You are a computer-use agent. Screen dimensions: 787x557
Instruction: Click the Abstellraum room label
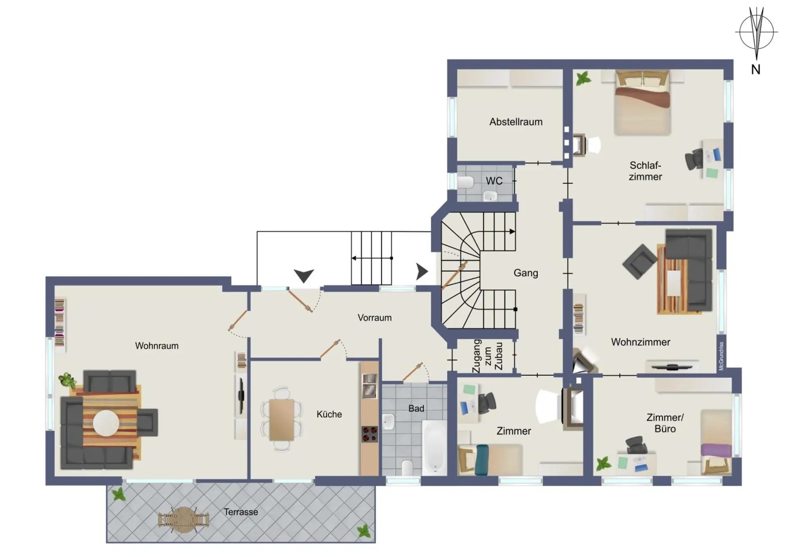click(x=516, y=122)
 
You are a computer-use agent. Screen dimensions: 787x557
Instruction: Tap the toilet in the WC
click(x=465, y=182)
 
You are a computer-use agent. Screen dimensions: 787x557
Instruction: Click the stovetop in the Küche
click(x=369, y=434)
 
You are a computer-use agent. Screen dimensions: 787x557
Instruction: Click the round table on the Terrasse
click(x=184, y=520)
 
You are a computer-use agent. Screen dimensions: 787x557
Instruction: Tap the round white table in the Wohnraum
click(x=106, y=423)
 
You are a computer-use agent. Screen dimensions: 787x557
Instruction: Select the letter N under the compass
click(x=755, y=70)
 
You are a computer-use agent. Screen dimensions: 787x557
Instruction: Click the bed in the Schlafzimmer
click(x=642, y=103)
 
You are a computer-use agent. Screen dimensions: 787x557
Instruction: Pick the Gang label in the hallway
click(x=525, y=273)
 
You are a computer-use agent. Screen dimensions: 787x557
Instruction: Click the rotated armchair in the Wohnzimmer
click(x=639, y=262)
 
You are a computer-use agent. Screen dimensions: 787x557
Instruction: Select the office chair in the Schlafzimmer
click(x=694, y=159)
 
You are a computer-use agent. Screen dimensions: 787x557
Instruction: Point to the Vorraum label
click(x=374, y=318)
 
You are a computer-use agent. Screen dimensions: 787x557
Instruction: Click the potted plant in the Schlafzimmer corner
click(x=583, y=78)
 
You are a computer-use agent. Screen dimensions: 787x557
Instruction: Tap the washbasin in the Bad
click(x=388, y=421)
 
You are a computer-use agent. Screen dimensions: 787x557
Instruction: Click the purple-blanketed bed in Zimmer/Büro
click(x=716, y=442)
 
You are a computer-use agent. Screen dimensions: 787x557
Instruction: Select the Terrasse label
click(x=241, y=512)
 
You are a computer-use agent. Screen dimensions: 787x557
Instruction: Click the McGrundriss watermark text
click(x=721, y=356)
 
